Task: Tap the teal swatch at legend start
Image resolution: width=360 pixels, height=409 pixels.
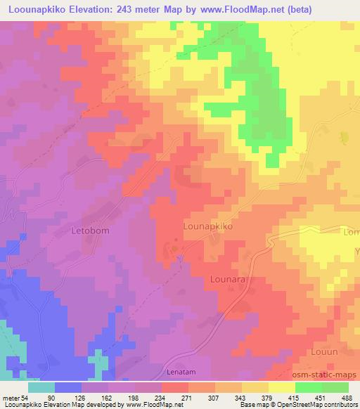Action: point(41,387)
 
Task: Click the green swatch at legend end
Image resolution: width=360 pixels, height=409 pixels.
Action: point(335,387)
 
